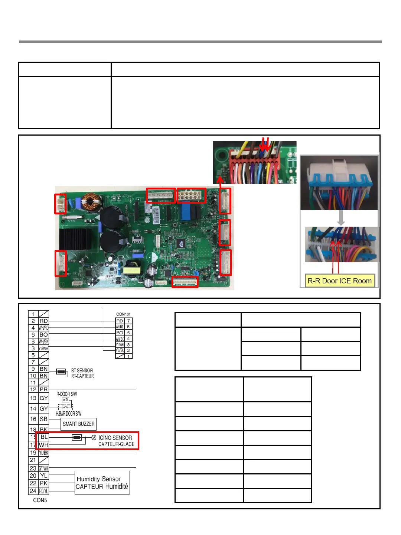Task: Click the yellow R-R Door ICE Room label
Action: click(339, 281)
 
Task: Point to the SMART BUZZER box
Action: click(78, 424)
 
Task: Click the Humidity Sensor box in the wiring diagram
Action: click(102, 483)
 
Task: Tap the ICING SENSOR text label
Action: click(115, 438)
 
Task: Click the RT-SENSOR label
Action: click(82, 370)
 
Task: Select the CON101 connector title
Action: click(123, 314)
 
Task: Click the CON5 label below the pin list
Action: click(40, 500)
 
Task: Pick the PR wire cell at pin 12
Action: click(44, 389)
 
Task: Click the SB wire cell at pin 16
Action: click(44, 419)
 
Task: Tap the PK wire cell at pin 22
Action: click(44, 483)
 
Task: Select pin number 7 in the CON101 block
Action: click(128, 321)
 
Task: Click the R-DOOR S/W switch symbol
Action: click(65, 400)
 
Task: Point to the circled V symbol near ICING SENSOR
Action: click(94, 438)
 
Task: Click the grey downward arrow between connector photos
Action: click(341, 218)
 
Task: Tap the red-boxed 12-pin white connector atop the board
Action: click(191, 195)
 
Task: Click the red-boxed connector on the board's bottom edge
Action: click(185, 282)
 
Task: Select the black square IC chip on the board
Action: click(182, 243)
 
